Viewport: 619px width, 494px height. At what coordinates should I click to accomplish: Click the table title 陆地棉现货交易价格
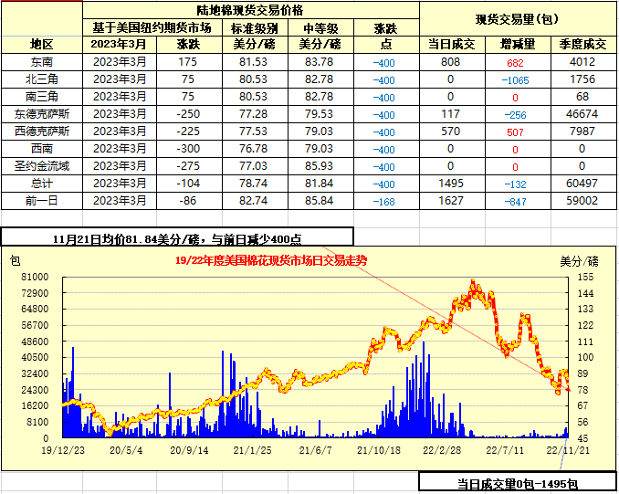coord(250,10)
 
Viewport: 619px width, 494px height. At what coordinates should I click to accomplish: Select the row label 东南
coord(42,62)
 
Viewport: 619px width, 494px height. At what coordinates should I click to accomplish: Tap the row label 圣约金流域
coord(42,166)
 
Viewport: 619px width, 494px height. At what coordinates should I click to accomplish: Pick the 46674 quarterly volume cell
coord(582,114)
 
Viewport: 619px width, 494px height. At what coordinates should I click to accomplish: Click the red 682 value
coord(515,62)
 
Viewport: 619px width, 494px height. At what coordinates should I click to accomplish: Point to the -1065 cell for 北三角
coord(515,79)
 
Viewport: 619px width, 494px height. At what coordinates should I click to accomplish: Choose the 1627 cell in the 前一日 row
coord(451,201)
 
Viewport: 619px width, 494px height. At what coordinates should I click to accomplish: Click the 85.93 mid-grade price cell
coord(319,166)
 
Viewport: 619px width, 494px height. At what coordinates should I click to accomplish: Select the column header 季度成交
coord(582,44)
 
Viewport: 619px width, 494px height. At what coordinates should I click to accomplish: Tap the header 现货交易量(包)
coord(518,19)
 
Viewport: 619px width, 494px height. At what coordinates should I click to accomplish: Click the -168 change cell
coord(384,202)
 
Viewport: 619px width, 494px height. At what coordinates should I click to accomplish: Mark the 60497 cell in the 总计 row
coord(582,184)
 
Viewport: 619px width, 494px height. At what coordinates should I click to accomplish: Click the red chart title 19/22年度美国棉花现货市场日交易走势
coord(270,260)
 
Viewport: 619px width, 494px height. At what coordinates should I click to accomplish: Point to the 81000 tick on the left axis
coord(35,276)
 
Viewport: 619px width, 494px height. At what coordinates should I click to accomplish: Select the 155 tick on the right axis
coord(585,276)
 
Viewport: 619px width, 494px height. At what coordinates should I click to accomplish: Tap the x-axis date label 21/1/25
coord(253,450)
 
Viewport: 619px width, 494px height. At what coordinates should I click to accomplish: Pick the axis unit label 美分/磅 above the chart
coord(578,260)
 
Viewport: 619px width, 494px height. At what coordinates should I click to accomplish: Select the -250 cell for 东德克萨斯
coord(188,114)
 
